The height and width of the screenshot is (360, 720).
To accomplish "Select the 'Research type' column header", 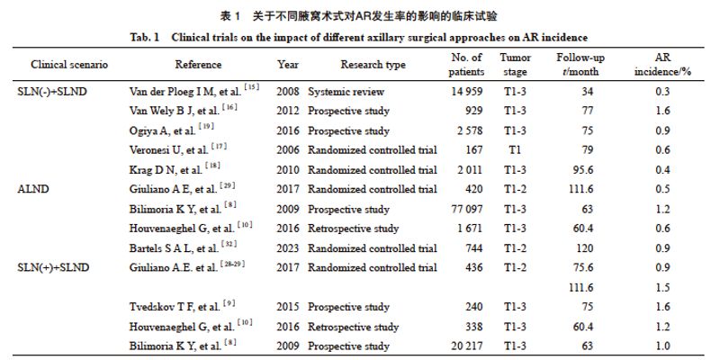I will point(373,66).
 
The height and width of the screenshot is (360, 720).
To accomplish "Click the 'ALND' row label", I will point(32,189).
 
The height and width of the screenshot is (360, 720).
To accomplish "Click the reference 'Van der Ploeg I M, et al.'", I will point(200,92).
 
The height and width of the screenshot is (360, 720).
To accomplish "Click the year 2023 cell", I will point(289,247).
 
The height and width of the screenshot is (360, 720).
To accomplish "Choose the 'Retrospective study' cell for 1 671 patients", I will point(353,229).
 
